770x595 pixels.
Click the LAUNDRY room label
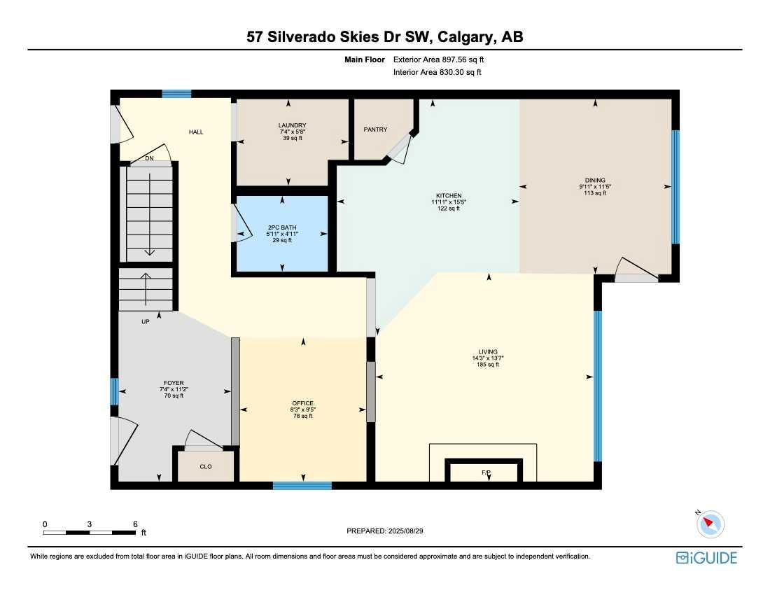(292, 125)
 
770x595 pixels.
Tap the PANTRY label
(375, 129)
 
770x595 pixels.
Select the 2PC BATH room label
(282, 227)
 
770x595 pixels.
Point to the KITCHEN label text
(449, 196)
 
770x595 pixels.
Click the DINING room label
(595, 180)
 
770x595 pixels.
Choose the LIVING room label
(488, 352)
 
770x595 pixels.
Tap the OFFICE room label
(302, 403)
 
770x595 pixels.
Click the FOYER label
(173, 383)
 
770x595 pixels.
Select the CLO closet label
(206, 466)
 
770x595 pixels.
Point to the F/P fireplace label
(486, 473)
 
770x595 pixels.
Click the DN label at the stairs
(149, 159)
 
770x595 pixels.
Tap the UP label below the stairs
(146, 322)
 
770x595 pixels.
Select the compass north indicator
(710, 522)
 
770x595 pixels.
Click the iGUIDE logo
(706, 557)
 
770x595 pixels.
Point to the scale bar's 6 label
(134, 524)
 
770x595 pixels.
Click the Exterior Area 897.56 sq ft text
(438, 59)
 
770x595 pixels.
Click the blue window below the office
(302, 485)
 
